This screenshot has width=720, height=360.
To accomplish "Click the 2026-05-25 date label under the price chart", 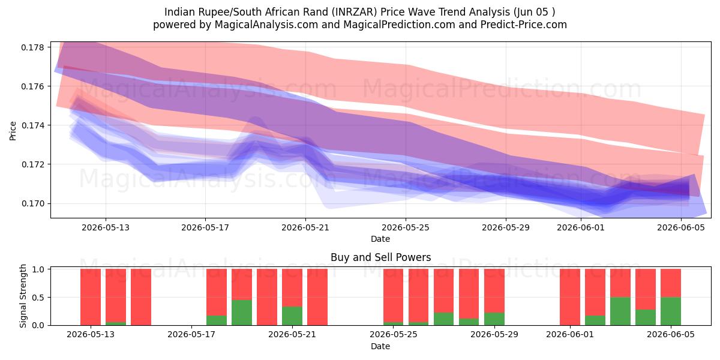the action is coord(406,227).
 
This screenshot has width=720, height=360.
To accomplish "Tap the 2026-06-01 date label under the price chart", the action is coord(581,227).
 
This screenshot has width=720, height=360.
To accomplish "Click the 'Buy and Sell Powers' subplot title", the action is coord(380,257).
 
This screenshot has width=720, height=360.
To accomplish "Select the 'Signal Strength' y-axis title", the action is coord(23,296).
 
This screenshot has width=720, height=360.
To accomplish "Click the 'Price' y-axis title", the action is coord(13,131).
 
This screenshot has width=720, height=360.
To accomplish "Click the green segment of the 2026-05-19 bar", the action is coord(242,313).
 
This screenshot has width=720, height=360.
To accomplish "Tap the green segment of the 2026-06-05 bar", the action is coord(671,311).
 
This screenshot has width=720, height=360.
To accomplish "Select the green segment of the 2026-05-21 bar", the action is coord(292,316).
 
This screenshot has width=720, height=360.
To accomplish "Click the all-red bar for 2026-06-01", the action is coord(570,297).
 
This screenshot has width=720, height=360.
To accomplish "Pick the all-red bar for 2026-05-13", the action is coord(91,297).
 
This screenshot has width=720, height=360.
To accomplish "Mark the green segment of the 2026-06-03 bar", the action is coord(620,311).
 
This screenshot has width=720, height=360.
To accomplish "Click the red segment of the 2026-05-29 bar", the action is coord(494,291).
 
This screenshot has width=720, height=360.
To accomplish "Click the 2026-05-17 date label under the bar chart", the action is coord(191,335).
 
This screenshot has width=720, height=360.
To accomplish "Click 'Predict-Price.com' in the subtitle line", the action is coord(524,25).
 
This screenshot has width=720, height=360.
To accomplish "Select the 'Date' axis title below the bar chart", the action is coord(380,347).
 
